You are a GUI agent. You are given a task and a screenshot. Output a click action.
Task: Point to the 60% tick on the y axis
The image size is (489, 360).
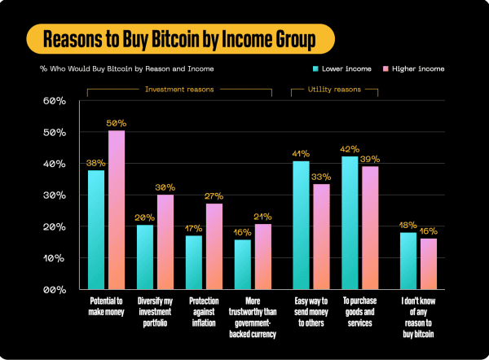54,101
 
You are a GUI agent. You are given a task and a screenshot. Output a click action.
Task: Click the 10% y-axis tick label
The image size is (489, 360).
54,258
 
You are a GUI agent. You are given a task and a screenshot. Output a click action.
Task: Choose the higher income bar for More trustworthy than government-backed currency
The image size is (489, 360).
262,256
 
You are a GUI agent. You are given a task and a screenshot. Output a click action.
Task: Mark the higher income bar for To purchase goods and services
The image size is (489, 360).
371,227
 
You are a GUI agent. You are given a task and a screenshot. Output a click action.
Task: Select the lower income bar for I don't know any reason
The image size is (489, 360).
408,261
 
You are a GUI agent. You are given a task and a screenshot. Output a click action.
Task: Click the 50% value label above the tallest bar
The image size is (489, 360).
117,122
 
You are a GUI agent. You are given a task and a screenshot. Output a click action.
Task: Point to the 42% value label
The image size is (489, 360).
350,148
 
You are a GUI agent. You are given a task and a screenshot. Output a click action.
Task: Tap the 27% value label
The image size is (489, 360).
214,195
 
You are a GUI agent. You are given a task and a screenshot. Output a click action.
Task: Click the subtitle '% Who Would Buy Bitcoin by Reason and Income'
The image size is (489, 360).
114,69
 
